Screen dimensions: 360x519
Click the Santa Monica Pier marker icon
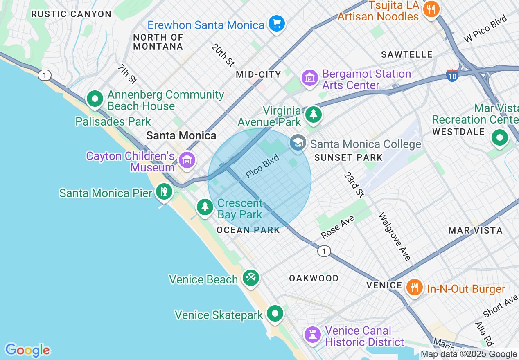point(164,191)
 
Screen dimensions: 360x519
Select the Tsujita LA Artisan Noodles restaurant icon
point(431,9)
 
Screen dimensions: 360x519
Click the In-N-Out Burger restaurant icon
point(415,287)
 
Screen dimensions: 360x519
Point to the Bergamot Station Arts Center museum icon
point(310,78)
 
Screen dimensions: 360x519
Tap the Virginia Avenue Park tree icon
point(314,114)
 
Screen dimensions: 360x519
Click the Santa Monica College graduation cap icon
point(298,143)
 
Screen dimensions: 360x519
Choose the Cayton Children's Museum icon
point(187,160)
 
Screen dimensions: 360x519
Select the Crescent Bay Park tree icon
point(205,207)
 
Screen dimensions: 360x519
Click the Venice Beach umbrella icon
point(250,278)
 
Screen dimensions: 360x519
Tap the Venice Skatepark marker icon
point(275,314)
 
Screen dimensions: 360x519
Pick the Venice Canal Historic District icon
point(313,335)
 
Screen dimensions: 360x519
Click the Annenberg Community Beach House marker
point(95,99)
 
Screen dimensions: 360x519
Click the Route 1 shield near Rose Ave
point(324,251)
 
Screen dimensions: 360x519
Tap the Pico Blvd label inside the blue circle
point(262,166)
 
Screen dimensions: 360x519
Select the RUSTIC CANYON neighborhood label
point(71,14)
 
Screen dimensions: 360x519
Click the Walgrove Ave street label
point(394,236)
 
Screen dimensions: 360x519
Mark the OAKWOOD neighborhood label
point(314,278)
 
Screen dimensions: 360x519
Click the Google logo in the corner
point(27,350)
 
